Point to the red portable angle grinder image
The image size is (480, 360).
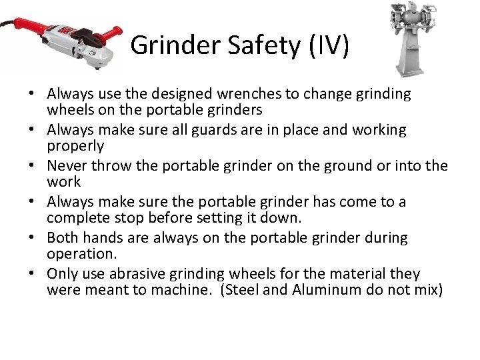point(63,39)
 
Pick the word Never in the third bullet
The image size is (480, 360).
point(65,166)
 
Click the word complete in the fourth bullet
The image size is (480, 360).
point(75,218)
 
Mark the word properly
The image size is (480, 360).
point(75,146)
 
